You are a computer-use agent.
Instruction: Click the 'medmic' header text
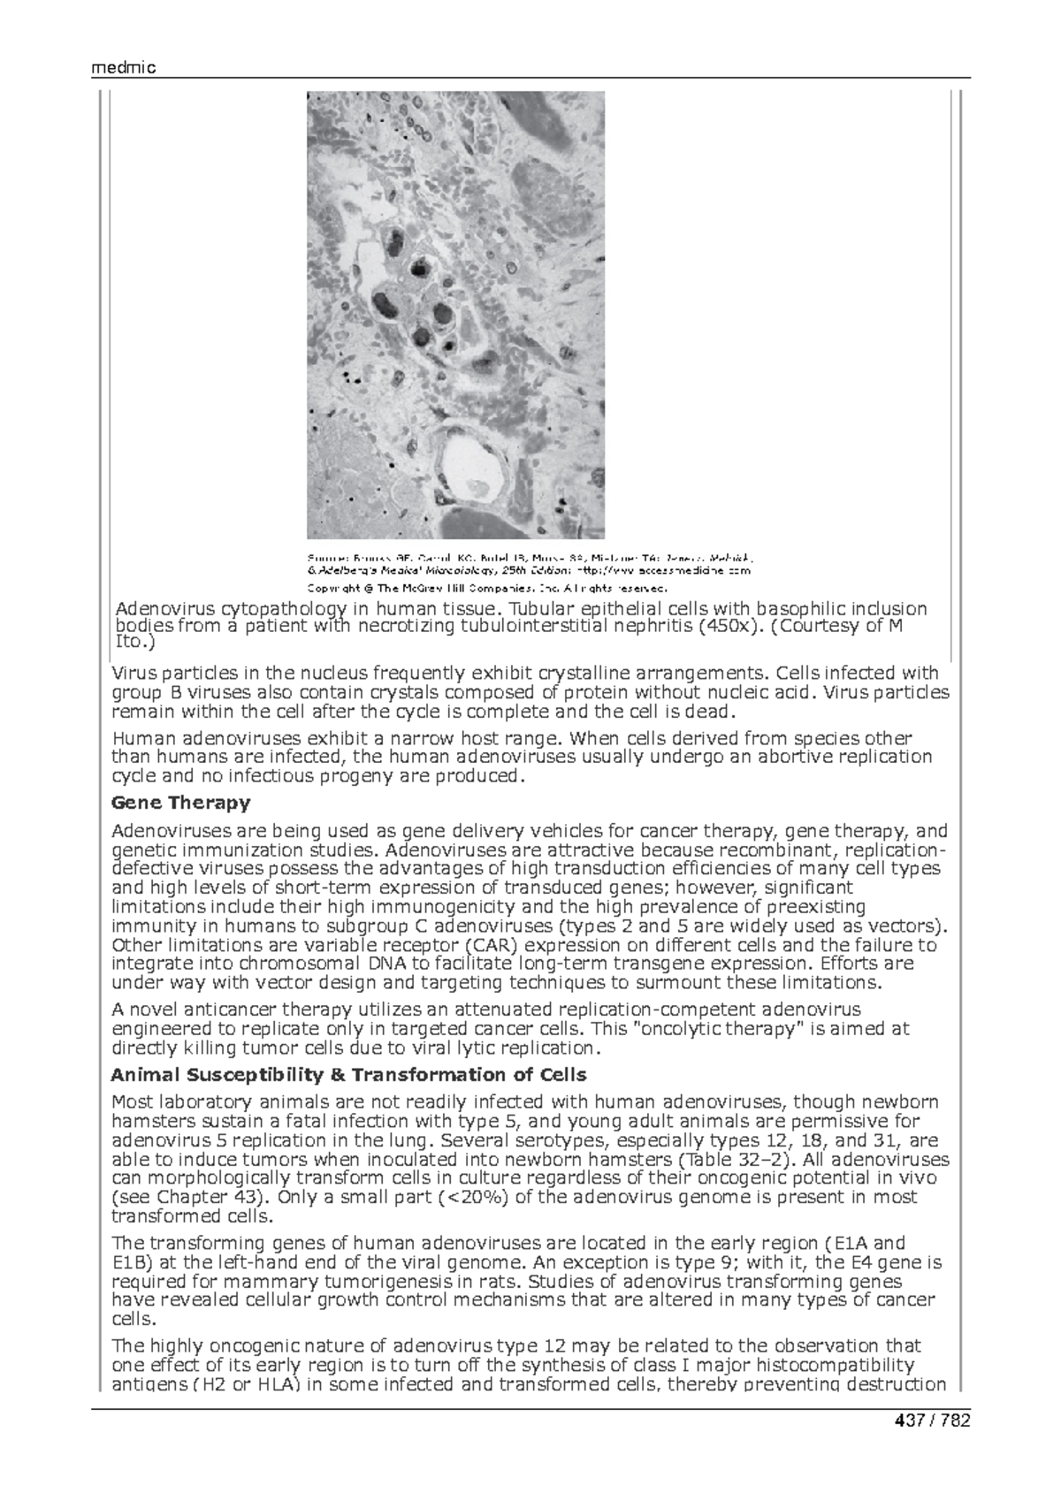(x=124, y=68)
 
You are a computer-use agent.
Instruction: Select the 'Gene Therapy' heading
(x=180, y=803)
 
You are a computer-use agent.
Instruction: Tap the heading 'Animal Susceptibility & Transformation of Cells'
(x=348, y=1075)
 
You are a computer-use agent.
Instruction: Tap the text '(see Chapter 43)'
(x=192, y=1198)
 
